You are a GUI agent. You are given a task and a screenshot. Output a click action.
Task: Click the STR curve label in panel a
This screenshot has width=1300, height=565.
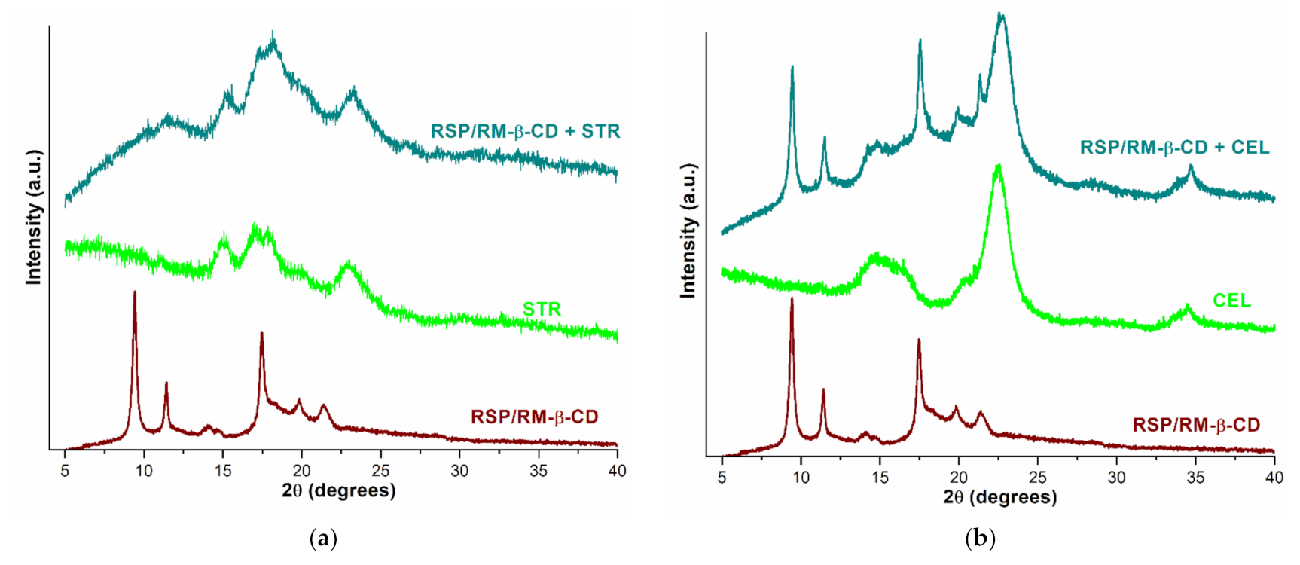pyautogui.click(x=542, y=309)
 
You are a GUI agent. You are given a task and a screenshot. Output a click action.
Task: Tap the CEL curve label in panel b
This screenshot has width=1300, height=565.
pyautogui.click(x=1231, y=301)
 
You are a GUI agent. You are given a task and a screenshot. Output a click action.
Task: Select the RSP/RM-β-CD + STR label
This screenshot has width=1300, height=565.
pyautogui.click(x=525, y=131)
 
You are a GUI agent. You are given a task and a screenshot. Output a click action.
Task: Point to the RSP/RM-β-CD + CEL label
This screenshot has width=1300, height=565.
pyautogui.click(x=1174, y=148)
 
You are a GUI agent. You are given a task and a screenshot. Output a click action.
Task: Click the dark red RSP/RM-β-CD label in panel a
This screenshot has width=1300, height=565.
pyautogui.click(x=534, y=417)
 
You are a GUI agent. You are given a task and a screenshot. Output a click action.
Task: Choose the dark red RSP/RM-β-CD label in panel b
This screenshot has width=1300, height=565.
pyautogui.click(x=1196, y=426)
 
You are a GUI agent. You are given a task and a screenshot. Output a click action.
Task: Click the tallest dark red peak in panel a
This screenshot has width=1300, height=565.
pyautogui.click(x=135, y=293)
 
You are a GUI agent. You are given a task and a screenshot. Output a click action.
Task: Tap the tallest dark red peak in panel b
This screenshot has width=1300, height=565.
pyautogui.click(x=792, y=300)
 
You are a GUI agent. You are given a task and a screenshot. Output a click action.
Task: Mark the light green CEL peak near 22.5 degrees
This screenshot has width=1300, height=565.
pyautogui.click(x=998, y=167)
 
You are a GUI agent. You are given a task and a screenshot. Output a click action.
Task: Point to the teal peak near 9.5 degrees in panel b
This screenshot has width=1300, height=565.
pyautogui.click(x=792, y=69)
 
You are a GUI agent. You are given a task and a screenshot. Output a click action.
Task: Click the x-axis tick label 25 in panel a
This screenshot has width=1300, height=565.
pyautogui.click(x=380, y=471)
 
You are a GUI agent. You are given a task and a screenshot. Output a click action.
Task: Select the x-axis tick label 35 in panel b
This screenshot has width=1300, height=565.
pyautogui.click(x=1195, y=478)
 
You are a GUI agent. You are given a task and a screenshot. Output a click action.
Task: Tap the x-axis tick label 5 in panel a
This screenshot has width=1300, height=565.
pyautogui.click(x=65, y=471)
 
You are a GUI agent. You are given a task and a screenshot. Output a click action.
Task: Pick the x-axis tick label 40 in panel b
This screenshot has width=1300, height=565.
pyautogui.click(x=1274, y=478)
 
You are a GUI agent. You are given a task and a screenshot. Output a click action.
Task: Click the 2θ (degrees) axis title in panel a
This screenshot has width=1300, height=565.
pyautogui.click(x=338, y=491)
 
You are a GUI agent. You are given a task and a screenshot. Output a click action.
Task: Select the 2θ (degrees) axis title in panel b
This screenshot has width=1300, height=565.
pyautogui.click(x=999, y=497)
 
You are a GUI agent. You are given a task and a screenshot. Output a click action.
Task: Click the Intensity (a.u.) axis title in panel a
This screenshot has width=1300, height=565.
pyautogui.click(x=34, y=217)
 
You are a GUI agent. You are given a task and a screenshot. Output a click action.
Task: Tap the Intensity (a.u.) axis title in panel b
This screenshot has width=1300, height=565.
pyautogui.click(x=688, y=230)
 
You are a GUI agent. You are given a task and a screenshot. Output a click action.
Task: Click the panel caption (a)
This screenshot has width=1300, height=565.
pyautogui.click(x=323, y=539)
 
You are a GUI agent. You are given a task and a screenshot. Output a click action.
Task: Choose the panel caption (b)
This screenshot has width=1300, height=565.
pyautogui.click(x=980, y=539)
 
